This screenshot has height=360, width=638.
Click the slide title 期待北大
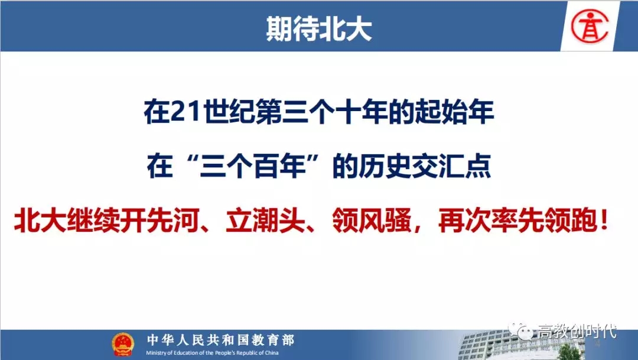(319, 28)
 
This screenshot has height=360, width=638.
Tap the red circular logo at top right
(590, 26)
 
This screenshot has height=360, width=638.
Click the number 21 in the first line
(186, 112)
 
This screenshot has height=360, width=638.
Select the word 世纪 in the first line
(228, 112)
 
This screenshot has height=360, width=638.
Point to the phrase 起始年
(455, 112)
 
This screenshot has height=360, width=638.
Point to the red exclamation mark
(604, 221)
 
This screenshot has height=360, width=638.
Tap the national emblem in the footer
(123, 344)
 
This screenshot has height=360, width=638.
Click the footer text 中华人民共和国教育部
(220, 340)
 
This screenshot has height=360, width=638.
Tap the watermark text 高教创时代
(577, 330)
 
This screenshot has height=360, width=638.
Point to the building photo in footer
(529, 345)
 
